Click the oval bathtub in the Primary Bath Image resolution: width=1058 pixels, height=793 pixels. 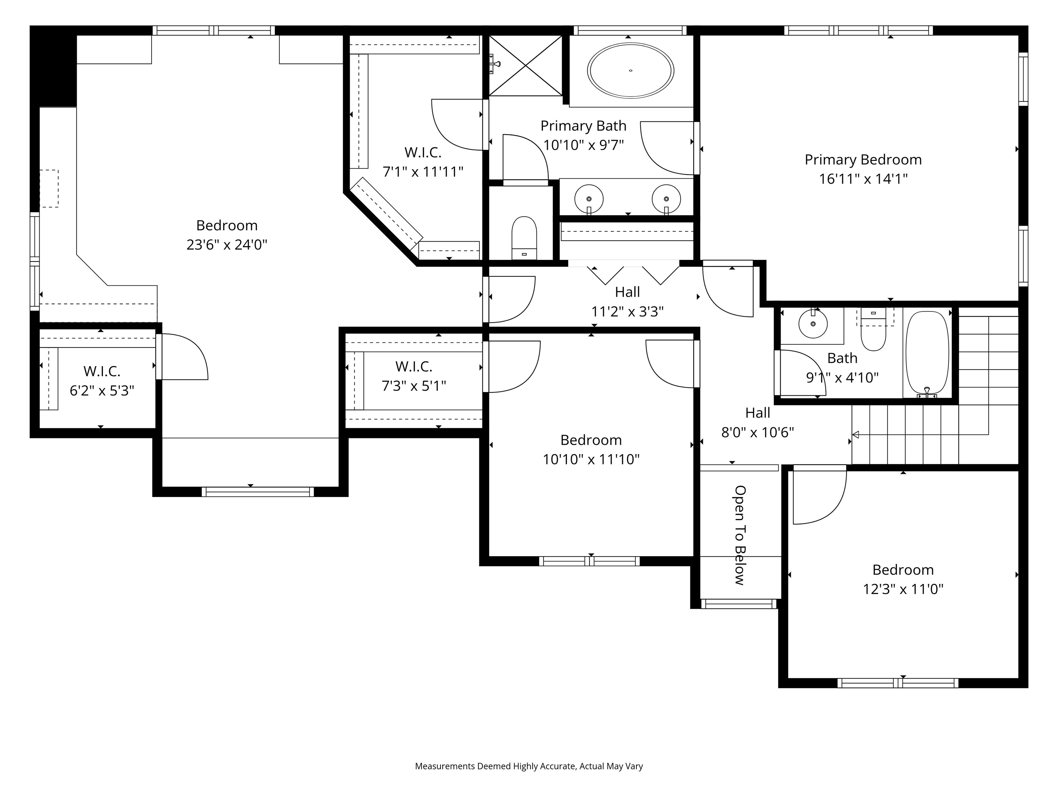pyautogui.click(x=630, y=71)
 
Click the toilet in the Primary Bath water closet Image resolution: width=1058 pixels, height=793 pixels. pyautogui.click(x=524, y=237)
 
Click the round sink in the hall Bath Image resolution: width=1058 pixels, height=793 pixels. pyautogui.click(x=813, y=324)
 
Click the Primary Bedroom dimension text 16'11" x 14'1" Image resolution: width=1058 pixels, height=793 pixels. pyautogui.click(x=863, y=179)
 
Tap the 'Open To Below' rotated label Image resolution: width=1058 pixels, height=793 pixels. pyautogui.click(x=740, y=535)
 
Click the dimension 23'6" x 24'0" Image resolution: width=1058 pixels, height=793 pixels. pyautogui.click(x=227, y=245)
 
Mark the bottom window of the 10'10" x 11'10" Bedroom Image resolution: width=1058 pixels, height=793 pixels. pyautogui.click(x=589, y=561)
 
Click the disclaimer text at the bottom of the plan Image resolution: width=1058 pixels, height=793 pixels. pyautogui.click(x=529, y=766)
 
